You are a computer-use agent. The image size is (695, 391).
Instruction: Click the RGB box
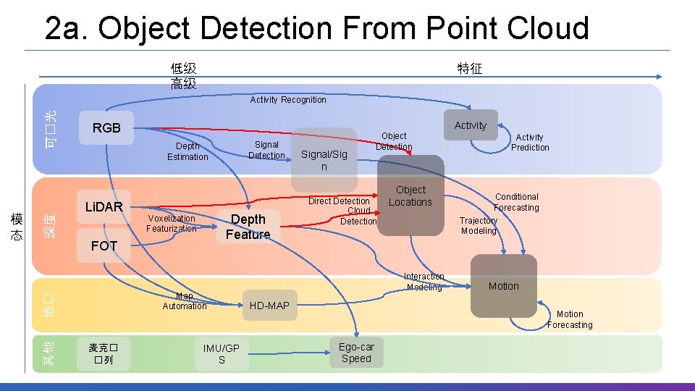[106, 128]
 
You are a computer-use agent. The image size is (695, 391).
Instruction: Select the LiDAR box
[104, 207]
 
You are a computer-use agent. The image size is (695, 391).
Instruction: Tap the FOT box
[104, 246]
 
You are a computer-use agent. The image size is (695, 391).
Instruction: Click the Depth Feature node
[248, 227]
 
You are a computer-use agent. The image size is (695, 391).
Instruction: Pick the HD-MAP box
[269, 306]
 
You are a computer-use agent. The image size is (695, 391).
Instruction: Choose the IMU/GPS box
[222, 354]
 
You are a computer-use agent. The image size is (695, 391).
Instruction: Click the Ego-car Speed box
[356, 353]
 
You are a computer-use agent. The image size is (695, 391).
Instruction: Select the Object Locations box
[410, 196]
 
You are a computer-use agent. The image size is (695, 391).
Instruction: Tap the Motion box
[503, 286]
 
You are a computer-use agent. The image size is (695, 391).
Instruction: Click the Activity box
[471, 125]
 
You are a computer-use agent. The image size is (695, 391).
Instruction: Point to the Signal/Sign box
[324, 160]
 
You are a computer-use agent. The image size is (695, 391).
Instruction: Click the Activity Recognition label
[288, 100]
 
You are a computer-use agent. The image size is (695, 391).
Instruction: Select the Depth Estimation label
[188, 151]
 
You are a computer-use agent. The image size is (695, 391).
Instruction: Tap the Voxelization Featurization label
[172, 223]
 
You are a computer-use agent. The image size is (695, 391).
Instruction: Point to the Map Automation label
[185, 301]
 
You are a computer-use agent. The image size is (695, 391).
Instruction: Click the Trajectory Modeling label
[479, 226]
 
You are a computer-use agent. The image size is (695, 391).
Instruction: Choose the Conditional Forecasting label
[517, 202]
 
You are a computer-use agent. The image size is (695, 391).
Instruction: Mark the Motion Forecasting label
[570, 319]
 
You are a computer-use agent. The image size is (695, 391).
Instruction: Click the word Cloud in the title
[548, 28]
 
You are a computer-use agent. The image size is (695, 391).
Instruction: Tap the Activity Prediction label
[530, 142]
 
